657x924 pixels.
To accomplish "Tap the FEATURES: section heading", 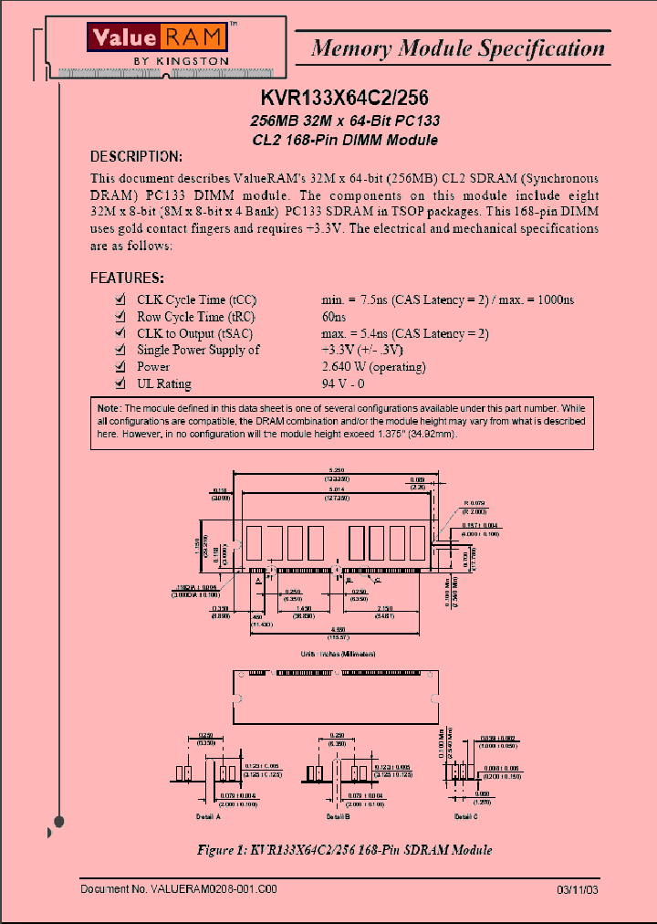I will click(x=127, y=278).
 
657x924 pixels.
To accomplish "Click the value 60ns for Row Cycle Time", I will click(x=334, y=317).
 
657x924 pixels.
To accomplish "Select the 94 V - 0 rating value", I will click(x=343, y=384).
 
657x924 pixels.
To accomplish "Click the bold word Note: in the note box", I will click(x=109, y=407).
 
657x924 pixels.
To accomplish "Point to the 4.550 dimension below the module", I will click(x=338, y=629).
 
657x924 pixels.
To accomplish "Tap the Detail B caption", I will click(x=339, y=816).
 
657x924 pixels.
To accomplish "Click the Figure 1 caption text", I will click(x=344, y=850).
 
